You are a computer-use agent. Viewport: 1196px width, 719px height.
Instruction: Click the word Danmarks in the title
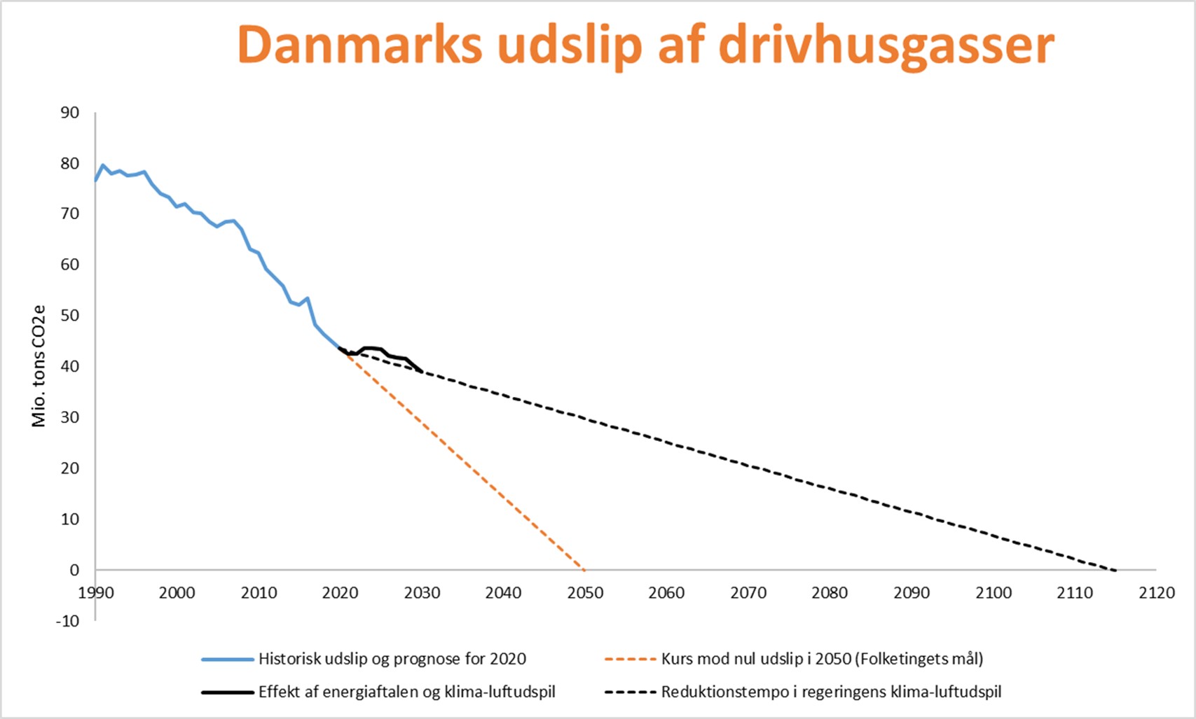pyautogui.click(x=359, y=46)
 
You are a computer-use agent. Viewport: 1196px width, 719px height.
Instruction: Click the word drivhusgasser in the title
pyautogui.click(x=886, y=46)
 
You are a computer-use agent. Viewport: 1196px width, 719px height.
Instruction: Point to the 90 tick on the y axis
pyautogui.click(x=69, y=113)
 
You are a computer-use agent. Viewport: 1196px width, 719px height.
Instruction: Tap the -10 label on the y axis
pyautogui.click(x=67, y=621)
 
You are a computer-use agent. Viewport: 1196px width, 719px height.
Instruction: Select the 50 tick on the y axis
pyautogui.click(x=69, y=316)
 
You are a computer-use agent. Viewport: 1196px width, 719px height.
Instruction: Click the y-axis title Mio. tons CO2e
pyautogui.click(x=39, y=366)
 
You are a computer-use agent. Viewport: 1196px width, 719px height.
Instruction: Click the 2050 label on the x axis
pyautogui.click(x=585, y=593)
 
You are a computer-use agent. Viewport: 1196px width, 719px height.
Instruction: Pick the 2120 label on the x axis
pyautogui.click(x=1156, y=593)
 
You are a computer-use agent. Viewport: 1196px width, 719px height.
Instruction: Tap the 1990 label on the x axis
pyautogui.click(x=96, y=593)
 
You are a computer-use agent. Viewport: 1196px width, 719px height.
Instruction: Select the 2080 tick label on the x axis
pyautogui.click(x=830, y=593)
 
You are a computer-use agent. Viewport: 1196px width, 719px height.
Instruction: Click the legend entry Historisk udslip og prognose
pyautogui.click(x=392, y=659)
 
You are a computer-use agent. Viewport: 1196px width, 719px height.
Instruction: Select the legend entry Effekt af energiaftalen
pyautogui.click(x=406, y=692)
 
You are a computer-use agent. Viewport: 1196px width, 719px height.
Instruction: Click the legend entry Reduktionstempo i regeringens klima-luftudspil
pyautogui.click(x=831, y=692)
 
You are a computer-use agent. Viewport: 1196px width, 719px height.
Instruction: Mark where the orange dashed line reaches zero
pyautogui.click(x=584, y=569)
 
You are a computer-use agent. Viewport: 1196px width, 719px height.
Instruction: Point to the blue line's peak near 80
pyautogui.click(x=103, y=165)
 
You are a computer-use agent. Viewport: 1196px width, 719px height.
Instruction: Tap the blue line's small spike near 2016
pyautogui.click(x=308, y=298)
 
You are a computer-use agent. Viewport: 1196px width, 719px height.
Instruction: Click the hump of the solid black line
pyautogui.click(x=371, y=348)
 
